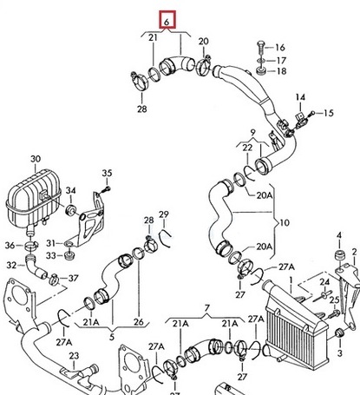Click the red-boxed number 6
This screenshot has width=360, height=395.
[166, 17]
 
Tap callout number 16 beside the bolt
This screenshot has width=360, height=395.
[280, 47]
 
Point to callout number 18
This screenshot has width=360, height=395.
[280, 71]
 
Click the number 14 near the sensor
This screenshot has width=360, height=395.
[301, 96]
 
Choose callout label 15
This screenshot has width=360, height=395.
[329, 113]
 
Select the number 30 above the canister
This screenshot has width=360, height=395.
[36, 159]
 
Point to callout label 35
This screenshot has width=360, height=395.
[108, 174]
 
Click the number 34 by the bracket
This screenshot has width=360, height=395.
[72, 191]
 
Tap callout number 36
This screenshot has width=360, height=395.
[10, 245]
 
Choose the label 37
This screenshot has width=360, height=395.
[73, 278]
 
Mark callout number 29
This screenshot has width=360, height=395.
[164, 214]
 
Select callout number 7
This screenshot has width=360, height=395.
[207, 308]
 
